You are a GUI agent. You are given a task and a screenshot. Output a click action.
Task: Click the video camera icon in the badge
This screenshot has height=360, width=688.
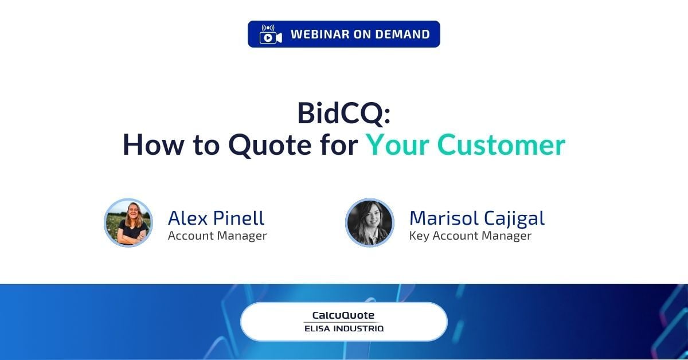click(x=271, y=34)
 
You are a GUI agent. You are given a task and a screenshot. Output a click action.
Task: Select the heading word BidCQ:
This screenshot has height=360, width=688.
click(x=343, y=113)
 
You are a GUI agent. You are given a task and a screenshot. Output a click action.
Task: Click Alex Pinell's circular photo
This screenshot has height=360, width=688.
click(x=128, y=223)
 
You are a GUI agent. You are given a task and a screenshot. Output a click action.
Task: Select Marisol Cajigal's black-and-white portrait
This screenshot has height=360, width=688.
click(x=370, y=223)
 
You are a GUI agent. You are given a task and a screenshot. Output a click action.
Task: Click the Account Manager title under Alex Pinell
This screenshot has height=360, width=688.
click(x=217, y=236)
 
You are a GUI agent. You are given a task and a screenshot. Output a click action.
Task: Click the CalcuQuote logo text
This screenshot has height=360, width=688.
click(x=343, y=315)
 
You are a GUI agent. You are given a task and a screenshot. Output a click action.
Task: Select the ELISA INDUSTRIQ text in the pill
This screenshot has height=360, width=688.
click(x=343, y=329)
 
